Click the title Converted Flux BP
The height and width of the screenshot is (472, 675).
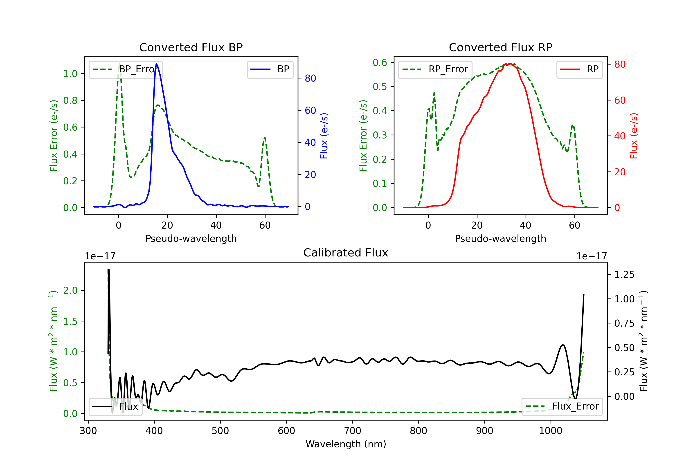(191, 47)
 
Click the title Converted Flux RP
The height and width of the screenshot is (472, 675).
(500, 47)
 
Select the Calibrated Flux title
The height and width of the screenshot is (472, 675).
(346, 253)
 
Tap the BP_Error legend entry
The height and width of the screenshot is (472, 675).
(126, 69)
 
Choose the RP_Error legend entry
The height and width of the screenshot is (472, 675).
(435, 69)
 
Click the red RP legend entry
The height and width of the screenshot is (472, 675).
(579, 69)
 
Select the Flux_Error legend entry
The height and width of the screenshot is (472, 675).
(562, 407)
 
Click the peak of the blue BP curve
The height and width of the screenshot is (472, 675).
(156, 64)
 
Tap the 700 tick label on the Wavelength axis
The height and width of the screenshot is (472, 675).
(353, 431)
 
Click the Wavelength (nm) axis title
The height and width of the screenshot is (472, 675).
(346, 444)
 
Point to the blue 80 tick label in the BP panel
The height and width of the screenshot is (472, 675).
(310, 78)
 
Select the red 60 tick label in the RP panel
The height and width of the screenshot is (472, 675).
(620, 100)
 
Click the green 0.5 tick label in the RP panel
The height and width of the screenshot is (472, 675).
(380, 87)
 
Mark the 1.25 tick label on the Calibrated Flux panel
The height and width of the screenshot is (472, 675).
(624, 275)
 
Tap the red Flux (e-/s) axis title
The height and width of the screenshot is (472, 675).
(634, 136)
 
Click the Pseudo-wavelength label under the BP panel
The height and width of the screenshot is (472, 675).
(191, 238)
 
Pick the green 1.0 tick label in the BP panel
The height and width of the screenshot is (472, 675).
(70, 74)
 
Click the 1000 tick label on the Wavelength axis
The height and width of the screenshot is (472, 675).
(550, 431)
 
